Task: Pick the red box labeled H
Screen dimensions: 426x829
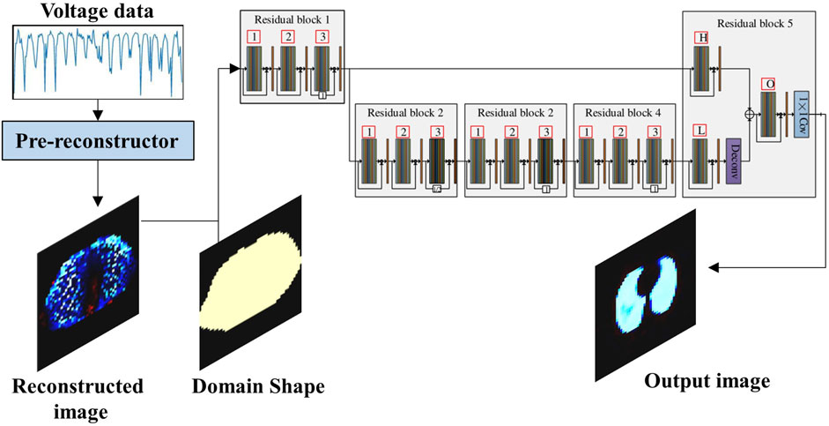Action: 703,38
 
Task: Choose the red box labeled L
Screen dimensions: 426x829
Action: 702,131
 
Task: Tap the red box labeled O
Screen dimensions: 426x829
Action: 770,84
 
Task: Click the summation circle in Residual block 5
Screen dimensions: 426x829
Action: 750,113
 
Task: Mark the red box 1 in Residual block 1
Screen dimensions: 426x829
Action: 255,37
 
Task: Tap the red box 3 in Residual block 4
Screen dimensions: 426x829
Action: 653,131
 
